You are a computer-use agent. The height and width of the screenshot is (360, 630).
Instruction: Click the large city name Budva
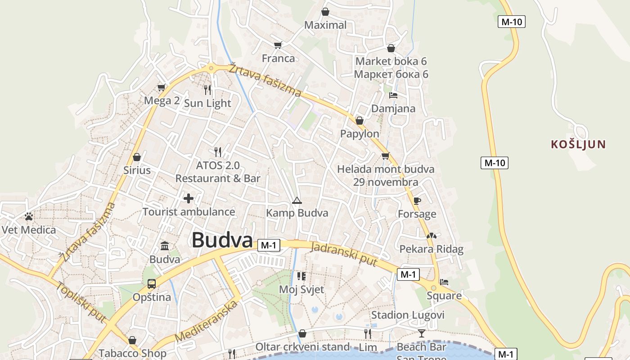[222, 240]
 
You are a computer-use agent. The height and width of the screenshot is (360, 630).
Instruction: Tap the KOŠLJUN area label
[579, 144]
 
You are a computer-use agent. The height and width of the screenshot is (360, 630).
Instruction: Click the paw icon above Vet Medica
[29, 216]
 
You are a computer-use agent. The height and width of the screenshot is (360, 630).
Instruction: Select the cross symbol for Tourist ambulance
[189, 198]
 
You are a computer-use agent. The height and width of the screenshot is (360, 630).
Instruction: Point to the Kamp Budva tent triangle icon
[296, 200]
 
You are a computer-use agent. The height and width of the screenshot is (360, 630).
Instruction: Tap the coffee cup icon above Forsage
[417, 201]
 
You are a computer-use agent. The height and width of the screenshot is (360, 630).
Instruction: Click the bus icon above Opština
[152, 284]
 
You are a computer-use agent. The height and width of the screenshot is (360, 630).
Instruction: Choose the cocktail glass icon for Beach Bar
[421, 333]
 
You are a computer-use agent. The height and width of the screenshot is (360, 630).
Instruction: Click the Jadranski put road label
[343, 254]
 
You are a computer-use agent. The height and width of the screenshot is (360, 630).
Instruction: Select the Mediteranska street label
[206, 321]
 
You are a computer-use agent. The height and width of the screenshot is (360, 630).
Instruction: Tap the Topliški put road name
[81, 302]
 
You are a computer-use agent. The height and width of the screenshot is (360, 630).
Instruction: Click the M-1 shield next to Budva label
[269, 245]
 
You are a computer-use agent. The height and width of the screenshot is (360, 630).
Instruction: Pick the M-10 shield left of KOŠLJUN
[495, 163]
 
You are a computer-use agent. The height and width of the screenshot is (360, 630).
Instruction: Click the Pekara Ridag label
[431, 249]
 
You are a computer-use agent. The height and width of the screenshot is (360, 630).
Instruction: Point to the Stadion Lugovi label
[408, 315]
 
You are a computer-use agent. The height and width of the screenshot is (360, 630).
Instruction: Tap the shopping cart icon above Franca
[278, 45]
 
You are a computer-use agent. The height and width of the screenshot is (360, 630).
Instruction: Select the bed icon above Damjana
[393, 95]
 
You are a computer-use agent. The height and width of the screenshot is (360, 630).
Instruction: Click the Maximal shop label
[325, 25]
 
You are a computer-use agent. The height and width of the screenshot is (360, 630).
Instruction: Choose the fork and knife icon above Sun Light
[207, 90]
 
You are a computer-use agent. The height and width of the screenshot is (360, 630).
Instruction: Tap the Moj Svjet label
[301, 289]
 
